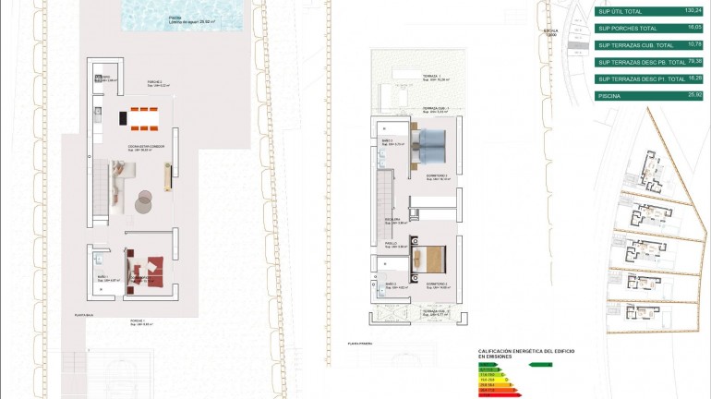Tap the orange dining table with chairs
[144, 116]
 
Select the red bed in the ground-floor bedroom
[145, 275]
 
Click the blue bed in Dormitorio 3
[431, 142]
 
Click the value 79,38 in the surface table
[693, 61]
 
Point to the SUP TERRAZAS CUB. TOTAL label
[636, 45]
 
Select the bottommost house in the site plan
[643, 311]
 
